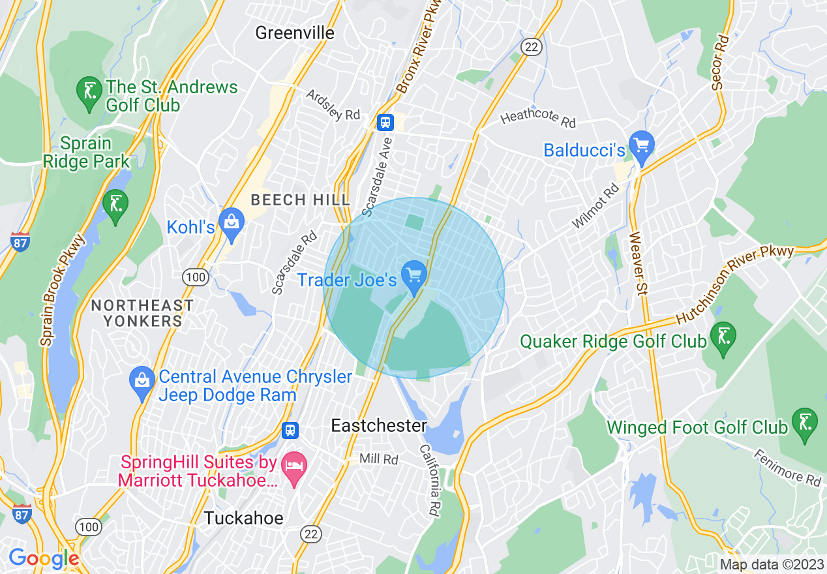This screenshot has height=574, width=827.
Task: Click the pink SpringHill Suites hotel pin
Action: click(x=295, y=468)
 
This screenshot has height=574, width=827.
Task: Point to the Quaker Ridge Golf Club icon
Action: click(x=723, y=337)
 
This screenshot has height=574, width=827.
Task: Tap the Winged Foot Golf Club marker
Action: click(x=804, y=423)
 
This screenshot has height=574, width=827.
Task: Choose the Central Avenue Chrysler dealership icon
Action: click(x=142, y=382)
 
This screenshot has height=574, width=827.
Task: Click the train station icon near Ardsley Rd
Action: click(x=385, y=123)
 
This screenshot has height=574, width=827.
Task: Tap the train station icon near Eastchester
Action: click(x=290, y=430)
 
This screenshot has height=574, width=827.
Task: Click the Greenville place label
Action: click(x=295, y=33)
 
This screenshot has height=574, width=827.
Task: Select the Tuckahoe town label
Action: click(x=244, y=519)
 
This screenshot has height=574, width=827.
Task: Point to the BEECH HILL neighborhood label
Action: click(x=301, y=200)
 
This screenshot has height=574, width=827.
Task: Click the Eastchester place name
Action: click(x=379, y=426)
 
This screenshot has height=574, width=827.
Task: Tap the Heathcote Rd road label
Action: click(x=539, y=118)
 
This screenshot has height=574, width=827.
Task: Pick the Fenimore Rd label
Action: click(x=787, y=466)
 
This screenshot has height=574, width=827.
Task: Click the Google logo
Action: click(x=43, y=558)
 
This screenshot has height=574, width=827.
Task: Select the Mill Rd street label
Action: click(x=379, y=460)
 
